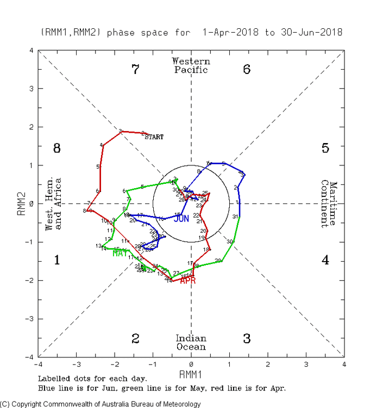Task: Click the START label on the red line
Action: tap(154, 137)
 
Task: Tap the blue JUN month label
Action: tap(181, 219)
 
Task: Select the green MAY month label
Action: tap(120, 253)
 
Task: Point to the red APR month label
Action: tap(188, 281)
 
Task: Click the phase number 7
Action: tap(136, 70)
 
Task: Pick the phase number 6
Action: tap(247, 70)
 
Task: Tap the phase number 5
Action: tap(325, 148)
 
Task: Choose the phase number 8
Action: tap(56, 148)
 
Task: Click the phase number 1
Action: tap(56, 260)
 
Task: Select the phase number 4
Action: tap(325, 260)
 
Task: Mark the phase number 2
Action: tap(136, 338)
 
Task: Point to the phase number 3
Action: tap(247, 338)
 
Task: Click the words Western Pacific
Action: tap(191, 65)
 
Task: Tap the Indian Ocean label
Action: tap(191, 342)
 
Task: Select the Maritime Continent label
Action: tap(329, 203)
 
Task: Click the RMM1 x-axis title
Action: tap(191, 375)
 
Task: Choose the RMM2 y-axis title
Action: tap(22, 203)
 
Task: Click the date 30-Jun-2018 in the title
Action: tap(311, 32)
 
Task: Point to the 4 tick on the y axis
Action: tap(32, 51)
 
